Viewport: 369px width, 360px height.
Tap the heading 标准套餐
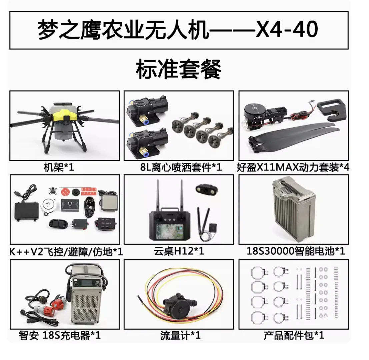pyautogui.click(x=179, y=69)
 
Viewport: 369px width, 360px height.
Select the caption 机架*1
pyautogui.click(x=59, y=167)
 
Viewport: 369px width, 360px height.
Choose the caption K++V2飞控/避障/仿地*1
pyautogui.click(x=66, y=252)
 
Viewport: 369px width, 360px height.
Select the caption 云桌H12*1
pyautogui.click(x=179, y=252)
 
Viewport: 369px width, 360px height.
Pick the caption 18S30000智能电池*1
pyautogui.click(x=296, y=252)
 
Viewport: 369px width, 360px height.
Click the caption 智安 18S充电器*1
pyautogui.click(x=60, y=335)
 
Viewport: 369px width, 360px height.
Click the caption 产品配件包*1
pyautogui.click(x=294, y=335)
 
